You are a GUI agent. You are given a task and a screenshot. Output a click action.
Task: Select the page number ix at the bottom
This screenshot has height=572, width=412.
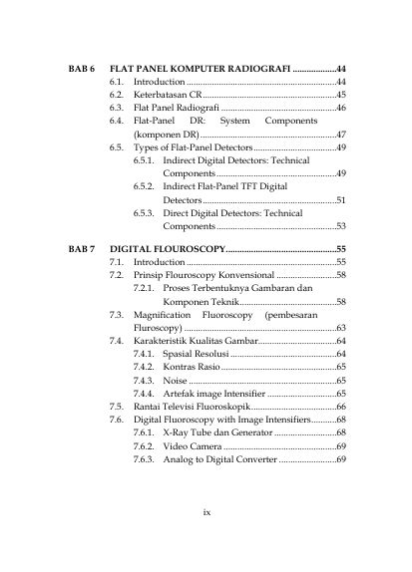click(206, 512)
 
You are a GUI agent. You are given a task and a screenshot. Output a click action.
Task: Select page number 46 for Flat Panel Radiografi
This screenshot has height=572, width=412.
click(340, 107)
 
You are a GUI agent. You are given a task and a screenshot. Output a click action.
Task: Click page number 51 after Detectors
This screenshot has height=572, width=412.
click(340, 199)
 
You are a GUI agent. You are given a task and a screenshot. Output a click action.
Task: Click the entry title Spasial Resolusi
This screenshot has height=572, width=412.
click(196, 354)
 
